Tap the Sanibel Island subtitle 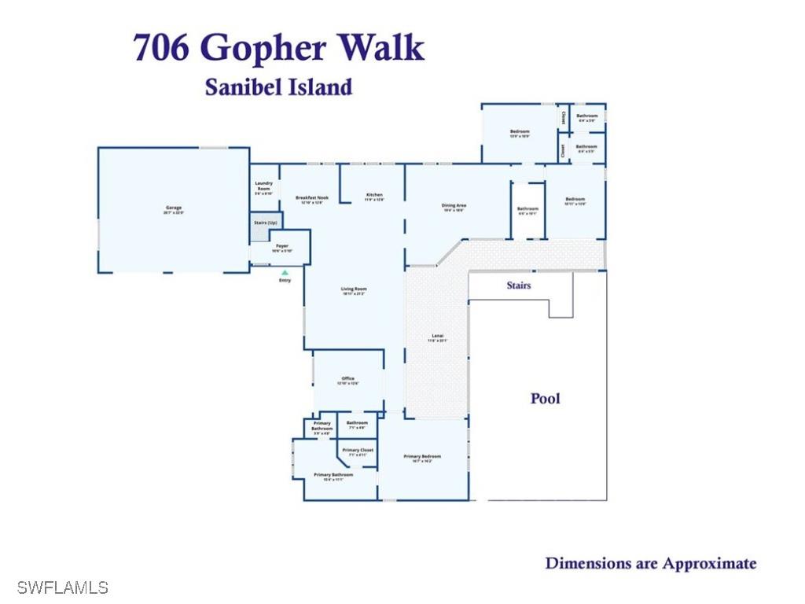[278, 87]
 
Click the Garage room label [173, 208]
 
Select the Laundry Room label [263, 186]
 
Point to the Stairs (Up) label [265, 223]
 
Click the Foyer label [281, 246]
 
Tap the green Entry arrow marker [285, 272]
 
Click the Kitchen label [374, 195]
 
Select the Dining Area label [454, 206]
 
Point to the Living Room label [354, 289]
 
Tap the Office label [347, 379]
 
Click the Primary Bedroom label [422, 456]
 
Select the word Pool [545, 399]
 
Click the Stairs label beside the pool [518, 285]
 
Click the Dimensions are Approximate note [650, 563]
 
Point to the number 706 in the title [161, 48]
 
